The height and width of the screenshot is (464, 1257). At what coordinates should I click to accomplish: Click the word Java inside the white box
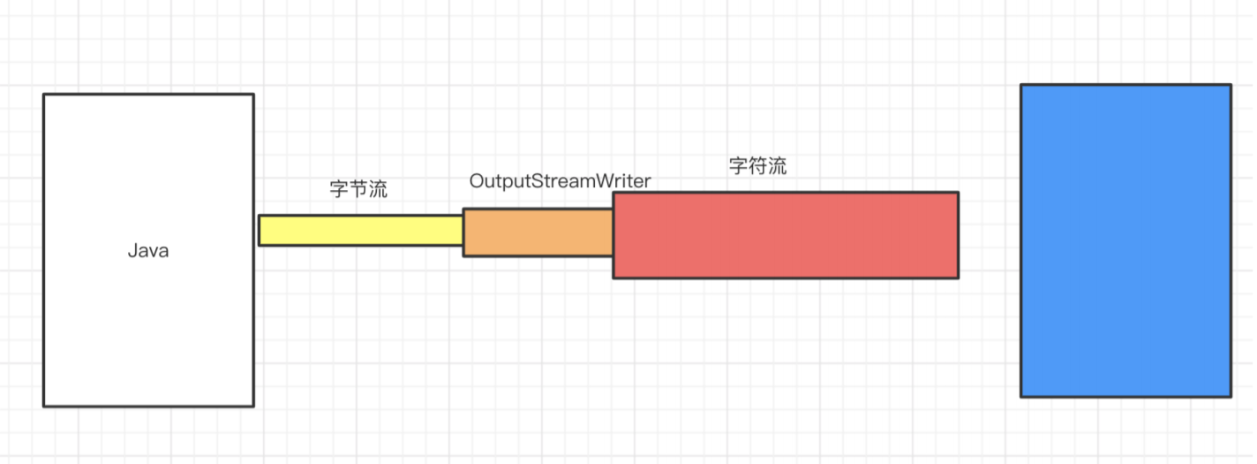point(148,251)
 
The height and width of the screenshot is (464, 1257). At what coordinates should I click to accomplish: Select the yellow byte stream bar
point(360,230)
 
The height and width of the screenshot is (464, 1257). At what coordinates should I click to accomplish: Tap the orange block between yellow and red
point(538,232)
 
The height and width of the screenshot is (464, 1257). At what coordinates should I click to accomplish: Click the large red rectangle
point(786,235)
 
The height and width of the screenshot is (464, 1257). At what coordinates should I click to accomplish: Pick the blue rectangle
point(1125,240)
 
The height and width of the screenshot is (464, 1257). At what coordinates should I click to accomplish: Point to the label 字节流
point(358,189)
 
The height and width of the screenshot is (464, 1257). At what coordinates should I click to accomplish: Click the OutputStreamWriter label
point(560,181)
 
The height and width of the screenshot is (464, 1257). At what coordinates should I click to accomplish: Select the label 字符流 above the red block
point(757,166)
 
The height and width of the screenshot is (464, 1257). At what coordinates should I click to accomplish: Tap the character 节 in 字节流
point(358,189)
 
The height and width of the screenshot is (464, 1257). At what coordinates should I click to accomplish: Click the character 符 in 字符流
point(757,166)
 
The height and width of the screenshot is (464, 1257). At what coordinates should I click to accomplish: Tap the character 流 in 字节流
point(377,189)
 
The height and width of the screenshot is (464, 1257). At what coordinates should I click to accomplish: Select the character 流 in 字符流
point(776,166)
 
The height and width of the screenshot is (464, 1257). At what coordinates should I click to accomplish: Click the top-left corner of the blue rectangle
point(1021,85)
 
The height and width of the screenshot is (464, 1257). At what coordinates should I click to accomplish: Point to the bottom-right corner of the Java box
point(253,406)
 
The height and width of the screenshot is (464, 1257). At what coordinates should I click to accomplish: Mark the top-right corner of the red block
point(958,193)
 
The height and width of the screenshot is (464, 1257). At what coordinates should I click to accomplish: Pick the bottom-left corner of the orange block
point(463,255)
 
